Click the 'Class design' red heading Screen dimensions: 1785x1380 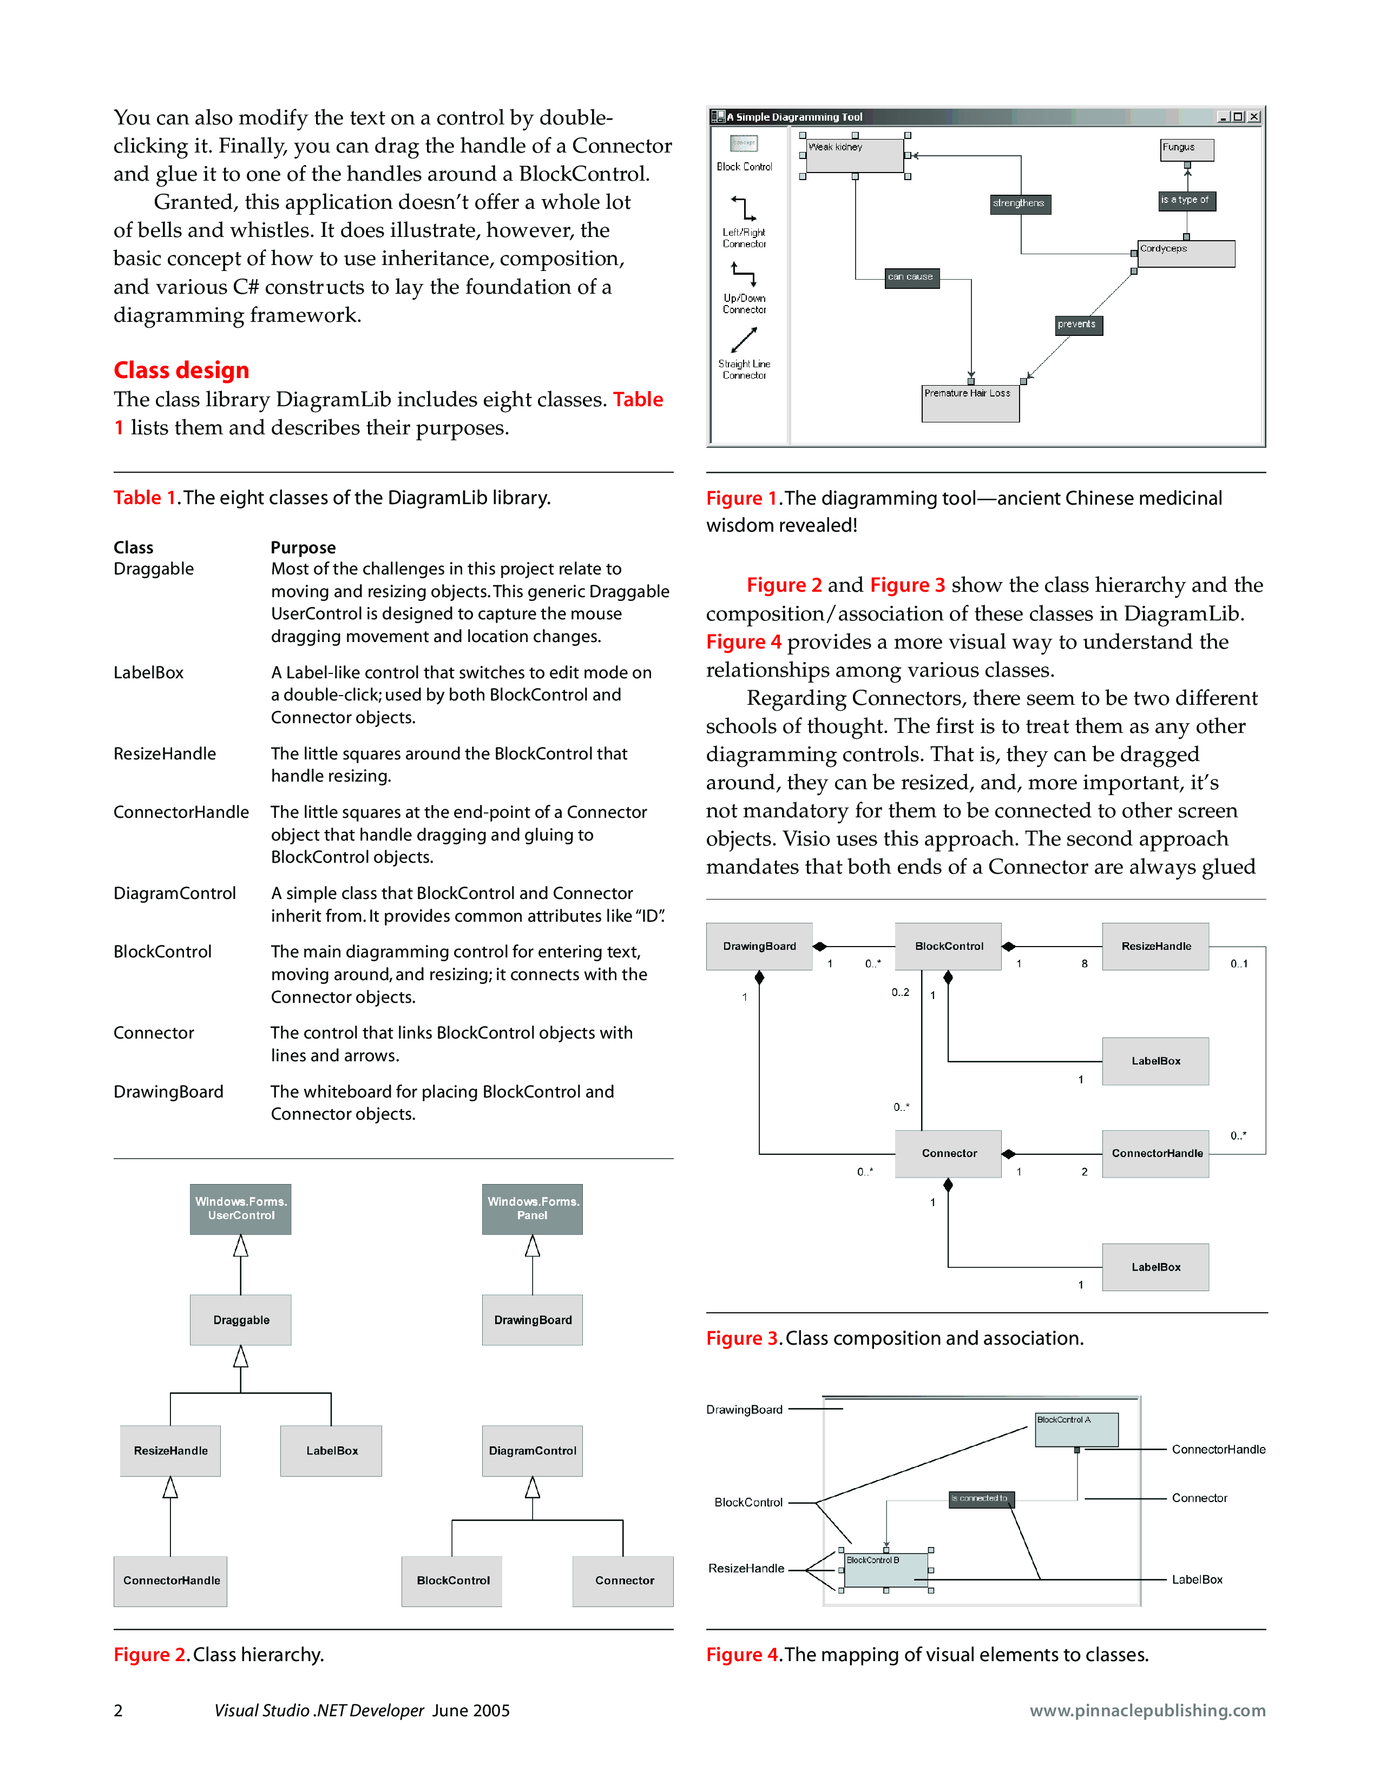point(181,370)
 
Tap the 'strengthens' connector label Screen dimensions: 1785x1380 point(1018,203)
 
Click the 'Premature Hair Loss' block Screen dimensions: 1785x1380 point(970,404)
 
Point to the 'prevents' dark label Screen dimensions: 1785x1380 point(1077,325)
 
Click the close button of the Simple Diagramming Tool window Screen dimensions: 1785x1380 point(1254,117)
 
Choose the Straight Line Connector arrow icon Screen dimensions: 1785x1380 point(744,339)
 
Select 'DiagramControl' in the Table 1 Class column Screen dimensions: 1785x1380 point(174,894)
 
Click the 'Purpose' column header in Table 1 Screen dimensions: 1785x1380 point(303,547)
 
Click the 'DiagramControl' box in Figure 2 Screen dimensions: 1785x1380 point(532,1451)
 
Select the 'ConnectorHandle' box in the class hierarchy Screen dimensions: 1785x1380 point(171,1581)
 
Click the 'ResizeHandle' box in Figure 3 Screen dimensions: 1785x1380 point(1155,947)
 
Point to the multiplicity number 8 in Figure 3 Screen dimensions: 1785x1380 point(1085,964)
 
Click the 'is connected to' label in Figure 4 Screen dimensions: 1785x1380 point(980,1499)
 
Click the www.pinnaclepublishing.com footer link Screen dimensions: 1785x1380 point(1147,1710)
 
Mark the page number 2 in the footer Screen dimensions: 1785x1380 point(119,1710)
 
